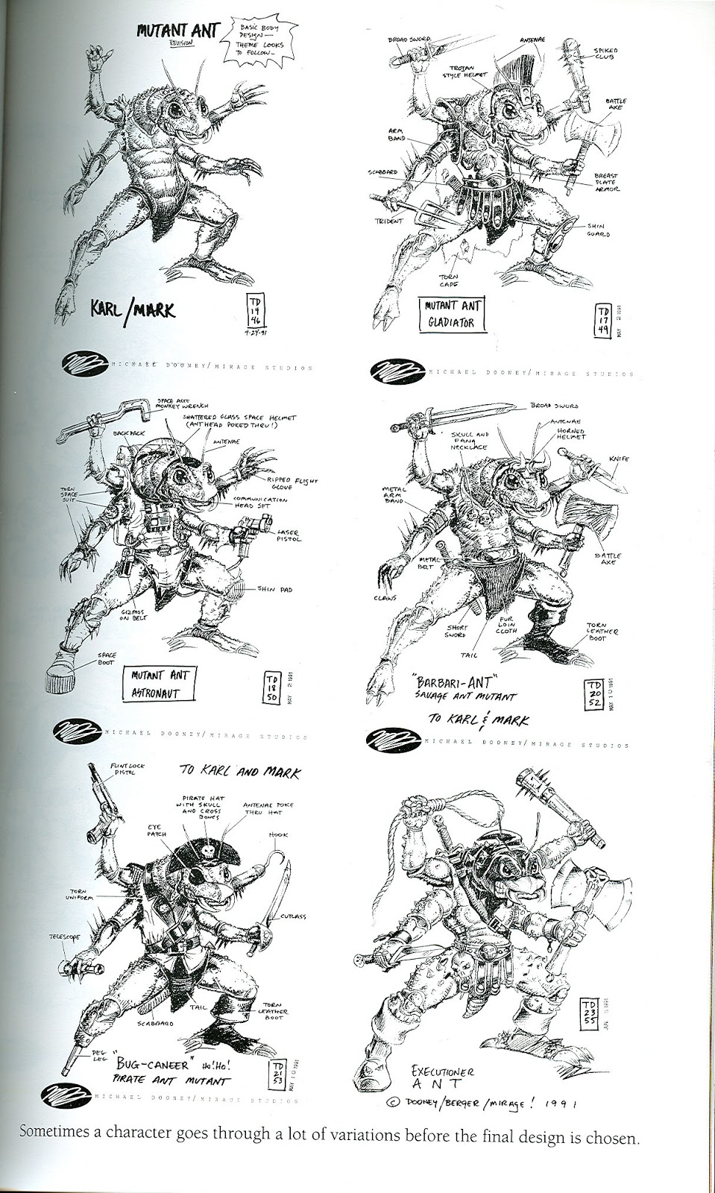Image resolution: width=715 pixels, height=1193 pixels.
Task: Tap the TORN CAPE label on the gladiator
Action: pyautogui.click(x=448, y=280)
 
